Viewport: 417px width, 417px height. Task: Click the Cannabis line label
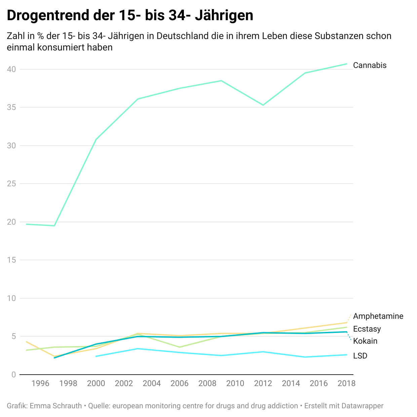[370, 65]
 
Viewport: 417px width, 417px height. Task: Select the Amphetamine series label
[378, 316]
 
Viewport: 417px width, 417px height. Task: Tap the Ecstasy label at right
[367, 329]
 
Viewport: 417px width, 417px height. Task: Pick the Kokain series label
[365, 341]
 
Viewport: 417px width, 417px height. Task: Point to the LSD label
[360, 356]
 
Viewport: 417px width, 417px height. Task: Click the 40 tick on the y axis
[11, 69]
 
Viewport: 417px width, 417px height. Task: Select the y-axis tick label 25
[11, 184]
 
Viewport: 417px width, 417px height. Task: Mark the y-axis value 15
[11, 260]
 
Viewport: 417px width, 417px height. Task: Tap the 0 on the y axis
[13, 375]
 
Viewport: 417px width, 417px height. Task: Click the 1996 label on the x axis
[40, 383]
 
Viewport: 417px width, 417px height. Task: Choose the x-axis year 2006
[180, 383]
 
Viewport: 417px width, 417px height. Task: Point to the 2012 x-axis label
[263, 383]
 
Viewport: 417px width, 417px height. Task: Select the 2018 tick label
[346, 383]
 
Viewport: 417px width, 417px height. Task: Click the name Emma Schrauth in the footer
[56, 406]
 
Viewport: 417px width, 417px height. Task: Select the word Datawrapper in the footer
[362, 406]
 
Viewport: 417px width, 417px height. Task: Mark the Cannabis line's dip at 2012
[263, 105]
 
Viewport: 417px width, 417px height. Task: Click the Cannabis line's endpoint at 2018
[347, 64]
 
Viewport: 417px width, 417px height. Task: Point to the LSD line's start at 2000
[96, 356]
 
